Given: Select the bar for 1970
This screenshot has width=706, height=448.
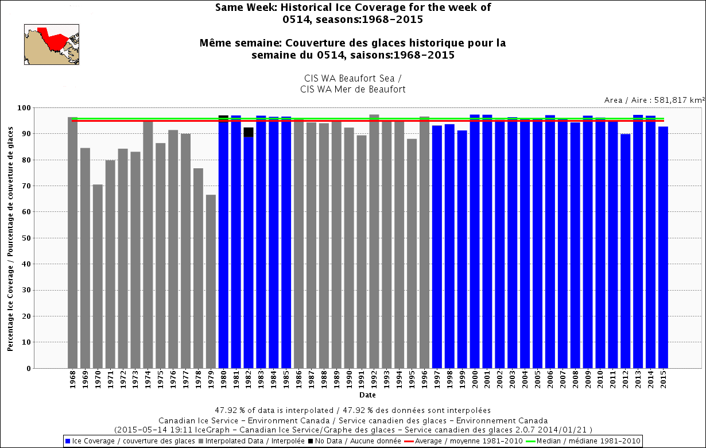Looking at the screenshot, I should pos(98,276).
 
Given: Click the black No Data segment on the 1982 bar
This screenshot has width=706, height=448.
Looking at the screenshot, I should pos(249,132).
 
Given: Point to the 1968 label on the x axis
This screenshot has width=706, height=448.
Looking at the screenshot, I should pos(73,381).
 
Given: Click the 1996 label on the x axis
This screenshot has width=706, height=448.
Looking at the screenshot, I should pos(425,381).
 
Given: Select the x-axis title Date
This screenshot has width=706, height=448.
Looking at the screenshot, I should pos(367,395).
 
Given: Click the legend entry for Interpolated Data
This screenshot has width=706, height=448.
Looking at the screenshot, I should pos(244,441).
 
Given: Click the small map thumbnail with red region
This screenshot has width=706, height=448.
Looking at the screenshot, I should pos(51,44).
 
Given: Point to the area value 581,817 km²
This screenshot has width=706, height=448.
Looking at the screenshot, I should pos(654,100).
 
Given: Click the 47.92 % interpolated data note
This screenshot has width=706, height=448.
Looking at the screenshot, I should pos(353,410).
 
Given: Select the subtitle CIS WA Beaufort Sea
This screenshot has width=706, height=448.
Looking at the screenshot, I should pos(352,77).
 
